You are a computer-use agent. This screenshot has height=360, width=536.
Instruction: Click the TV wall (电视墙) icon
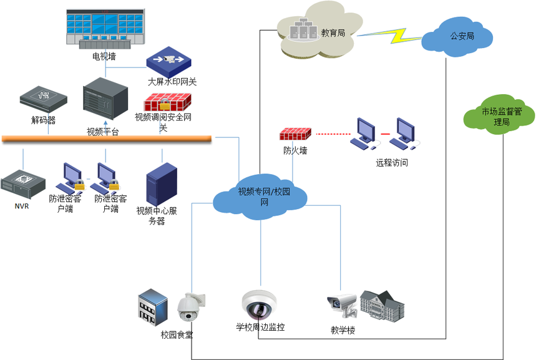pyautogui.click(x=104, y=27)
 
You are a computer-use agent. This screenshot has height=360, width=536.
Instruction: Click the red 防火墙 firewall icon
pyautogui.click(x=296, y=134)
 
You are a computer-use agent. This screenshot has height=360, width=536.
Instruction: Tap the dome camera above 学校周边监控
pyautogui.click(x=259, y=304)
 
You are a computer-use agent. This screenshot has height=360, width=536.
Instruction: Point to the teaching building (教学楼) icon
pyautogui.click(x=381, y=305)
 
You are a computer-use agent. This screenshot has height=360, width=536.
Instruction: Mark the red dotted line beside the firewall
pyautogui.click(x=331, y=134)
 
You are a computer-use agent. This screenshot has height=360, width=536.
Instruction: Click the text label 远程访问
pyautogui.click(x=392, y=163)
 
